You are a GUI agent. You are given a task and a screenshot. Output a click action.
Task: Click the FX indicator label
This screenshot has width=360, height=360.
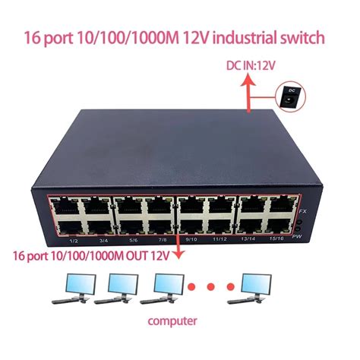(301, 210)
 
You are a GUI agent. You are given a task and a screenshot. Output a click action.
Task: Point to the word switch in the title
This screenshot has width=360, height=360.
(301, 37)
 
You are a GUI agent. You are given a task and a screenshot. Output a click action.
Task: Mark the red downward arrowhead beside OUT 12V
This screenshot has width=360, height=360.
(180, 257)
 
